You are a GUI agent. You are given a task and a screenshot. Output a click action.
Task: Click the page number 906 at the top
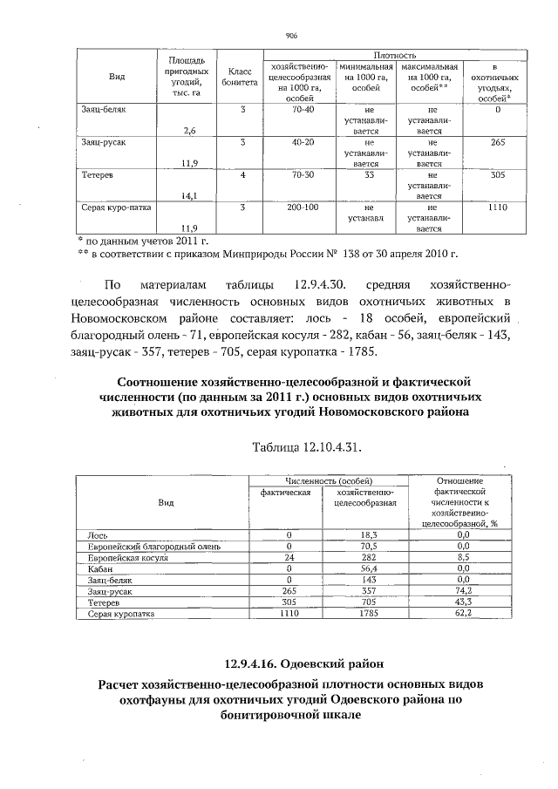291,36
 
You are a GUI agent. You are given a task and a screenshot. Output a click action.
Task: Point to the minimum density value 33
369,175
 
